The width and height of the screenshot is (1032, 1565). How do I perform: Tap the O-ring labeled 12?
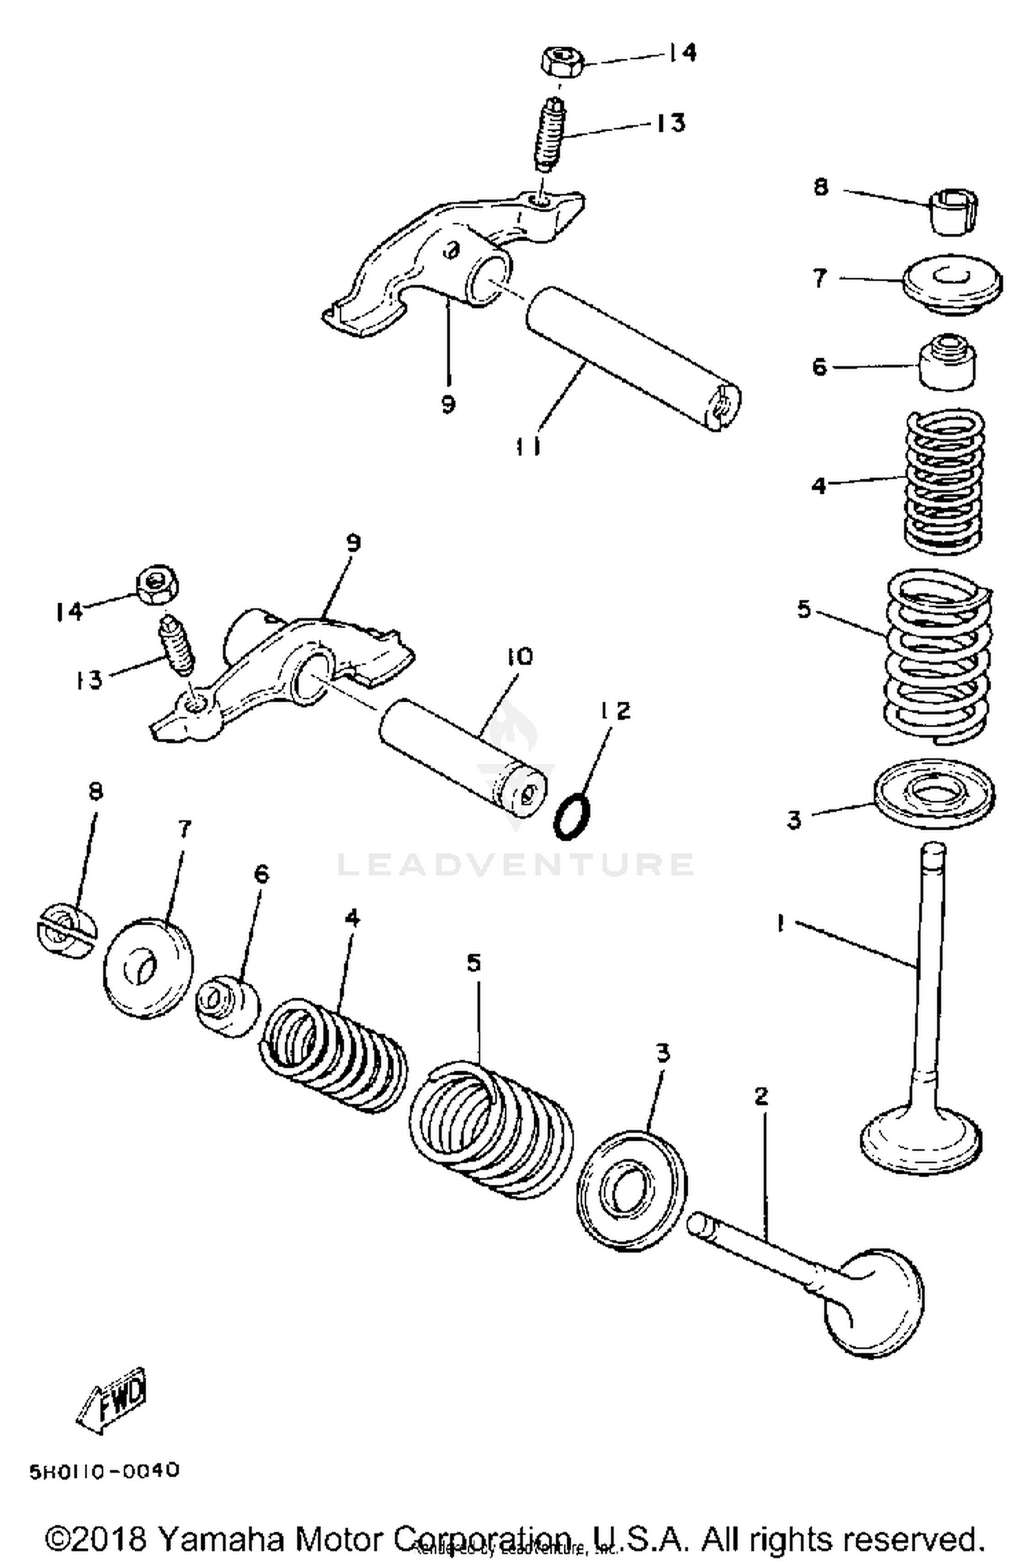click(572, 816)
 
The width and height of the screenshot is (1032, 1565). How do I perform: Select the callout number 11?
click(528, 447)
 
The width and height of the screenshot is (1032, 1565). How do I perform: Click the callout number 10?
click(519, 657)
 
